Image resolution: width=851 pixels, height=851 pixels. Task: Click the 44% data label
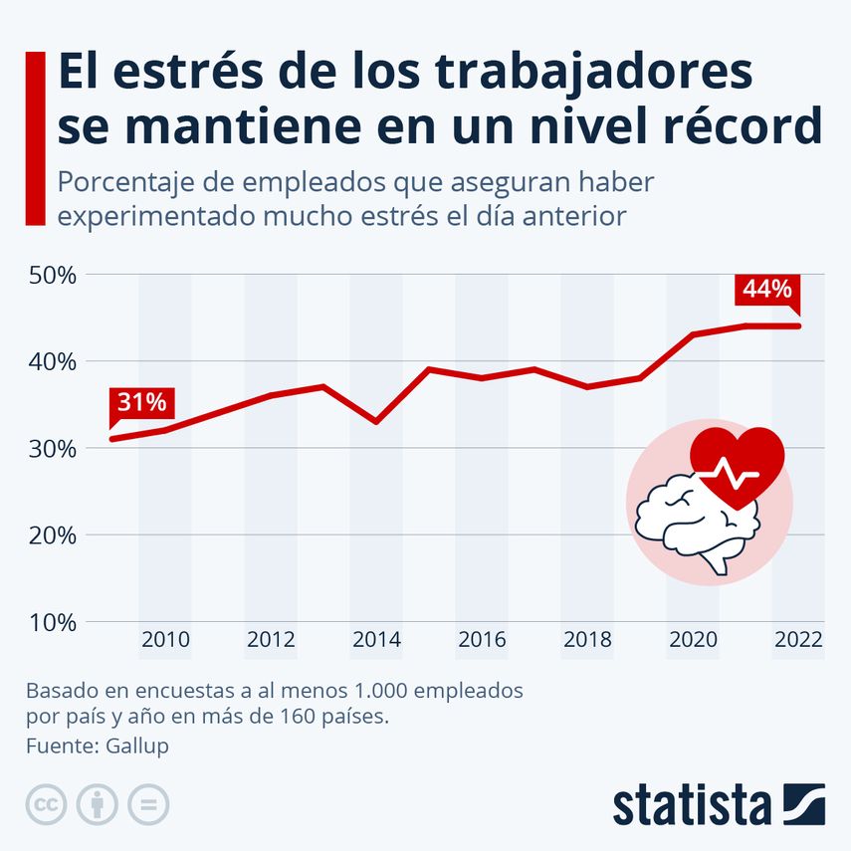766,290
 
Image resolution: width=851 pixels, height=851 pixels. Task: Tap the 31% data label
141,403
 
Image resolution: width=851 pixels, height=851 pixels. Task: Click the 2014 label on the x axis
376,639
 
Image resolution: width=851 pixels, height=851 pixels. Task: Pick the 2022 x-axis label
798,639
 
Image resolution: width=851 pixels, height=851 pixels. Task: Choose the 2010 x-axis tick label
165,639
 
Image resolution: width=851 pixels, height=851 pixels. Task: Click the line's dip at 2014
376,421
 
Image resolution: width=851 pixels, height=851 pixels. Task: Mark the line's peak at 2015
429,369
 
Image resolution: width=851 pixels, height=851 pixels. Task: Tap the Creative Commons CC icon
46,804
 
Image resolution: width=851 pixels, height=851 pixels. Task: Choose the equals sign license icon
148,804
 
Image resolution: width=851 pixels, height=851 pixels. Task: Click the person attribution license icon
98,804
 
